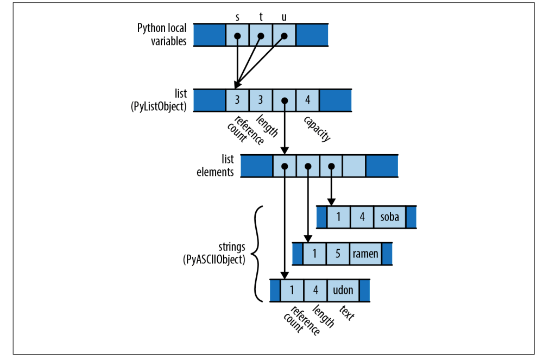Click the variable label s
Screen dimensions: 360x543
pos(237,16)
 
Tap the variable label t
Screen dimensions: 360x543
pos(261,16)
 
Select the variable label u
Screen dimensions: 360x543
pos(284,16)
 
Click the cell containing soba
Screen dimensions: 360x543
pos(389,217)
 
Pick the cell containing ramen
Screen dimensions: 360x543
pos(365,254)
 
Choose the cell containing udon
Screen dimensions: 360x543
pos(343,290)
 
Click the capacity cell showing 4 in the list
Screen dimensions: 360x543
pos(308,100)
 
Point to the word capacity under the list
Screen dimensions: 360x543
pos(318,129)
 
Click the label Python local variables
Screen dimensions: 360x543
pos(162,35)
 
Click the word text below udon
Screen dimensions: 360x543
pos(347,313)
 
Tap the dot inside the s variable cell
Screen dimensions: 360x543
pos(237,36)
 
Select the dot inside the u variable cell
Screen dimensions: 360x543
pos(284,36)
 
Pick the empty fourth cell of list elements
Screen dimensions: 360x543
pos(354,166)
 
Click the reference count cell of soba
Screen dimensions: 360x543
pos(339,217)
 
